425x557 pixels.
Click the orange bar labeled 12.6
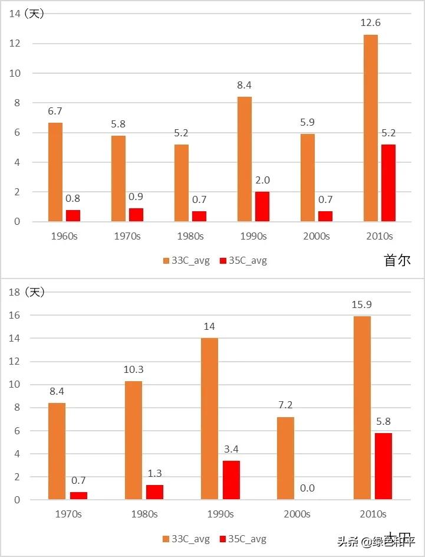[x=371, y=128]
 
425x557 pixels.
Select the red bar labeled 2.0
[x=262, y=207]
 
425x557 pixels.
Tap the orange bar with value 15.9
[x=362, y=408]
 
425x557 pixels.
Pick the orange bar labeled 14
[x=209, y=419]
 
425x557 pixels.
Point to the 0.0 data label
[x=307, y=488]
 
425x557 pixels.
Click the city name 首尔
[x=397, y=260]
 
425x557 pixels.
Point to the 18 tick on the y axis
[x=14, y=292]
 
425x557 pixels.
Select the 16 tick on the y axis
[x=14, y=316]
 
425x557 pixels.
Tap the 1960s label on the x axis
[x=64, y=236]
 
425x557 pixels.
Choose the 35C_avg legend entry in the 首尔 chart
[x=243, y=261]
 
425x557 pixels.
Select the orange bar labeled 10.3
[x=133, y=440]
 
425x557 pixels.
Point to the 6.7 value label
[x=55, y=111]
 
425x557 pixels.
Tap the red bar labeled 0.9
[x=136, y=215]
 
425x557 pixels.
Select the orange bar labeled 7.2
[x=285, y=458]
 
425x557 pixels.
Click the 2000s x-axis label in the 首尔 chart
[x=317, y=236]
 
